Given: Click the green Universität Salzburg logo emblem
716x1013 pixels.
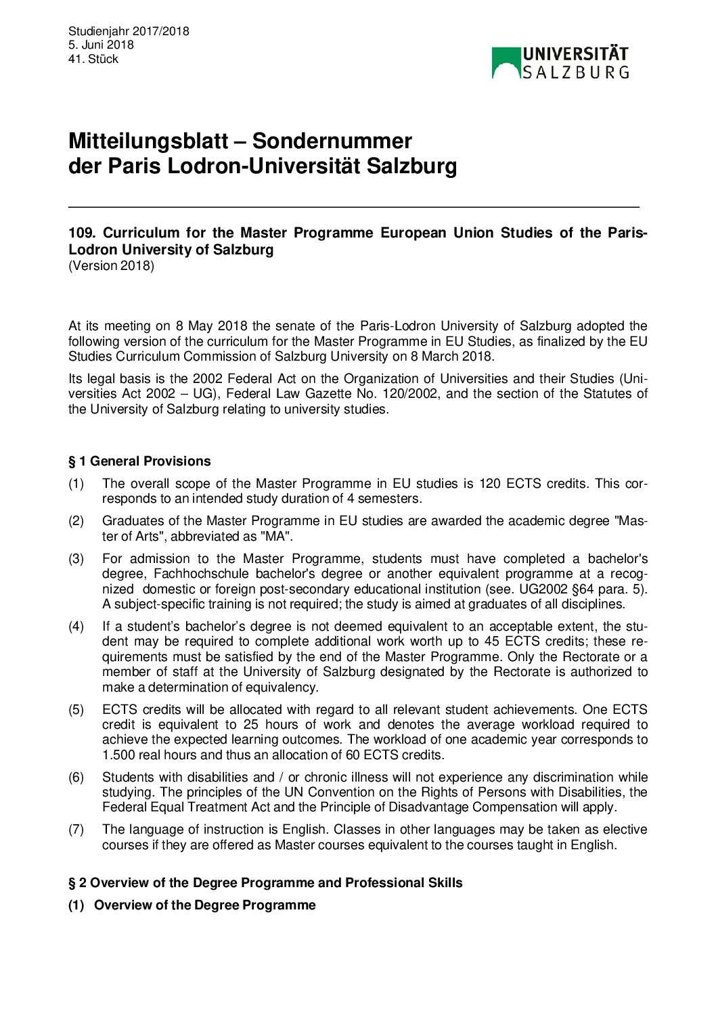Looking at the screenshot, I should point(506,63).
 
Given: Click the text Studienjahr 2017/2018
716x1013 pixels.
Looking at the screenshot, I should point(129,31).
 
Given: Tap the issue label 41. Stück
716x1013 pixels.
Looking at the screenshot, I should point(93,59).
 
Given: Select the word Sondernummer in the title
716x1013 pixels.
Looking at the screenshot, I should point(332,141).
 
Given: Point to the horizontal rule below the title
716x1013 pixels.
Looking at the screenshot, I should point(353,206).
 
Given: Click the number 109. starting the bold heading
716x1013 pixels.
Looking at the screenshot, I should point(83,233).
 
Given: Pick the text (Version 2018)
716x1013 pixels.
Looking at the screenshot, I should point(111,265).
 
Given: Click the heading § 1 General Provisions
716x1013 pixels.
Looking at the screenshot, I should point(139,461).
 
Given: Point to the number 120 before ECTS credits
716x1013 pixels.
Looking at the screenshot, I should point(490,484).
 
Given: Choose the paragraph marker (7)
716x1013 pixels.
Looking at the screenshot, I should point(76,830).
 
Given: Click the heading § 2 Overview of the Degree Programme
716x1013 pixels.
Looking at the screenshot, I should point(265,882).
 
